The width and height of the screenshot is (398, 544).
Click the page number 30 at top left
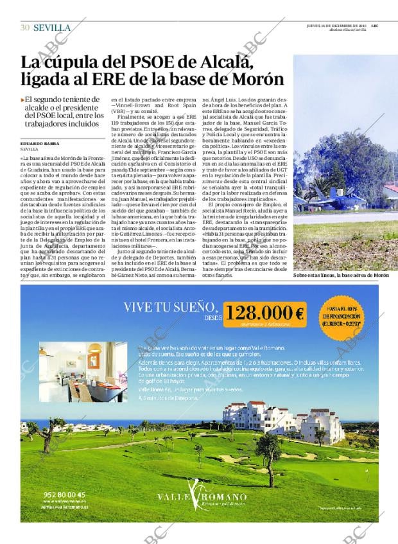click(25, 27)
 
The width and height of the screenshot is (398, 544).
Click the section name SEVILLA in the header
click(52, 27)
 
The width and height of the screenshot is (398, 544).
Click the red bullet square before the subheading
click(23, 100)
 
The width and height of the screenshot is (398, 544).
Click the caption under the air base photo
click(340, 275)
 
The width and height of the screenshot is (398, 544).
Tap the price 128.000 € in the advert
click(264, 313)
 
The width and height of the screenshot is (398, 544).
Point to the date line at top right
click(342, 24)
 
